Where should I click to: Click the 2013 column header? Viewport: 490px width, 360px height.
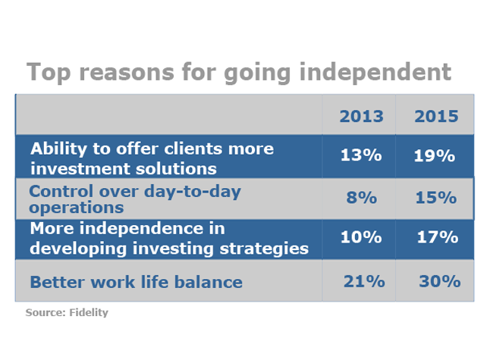click(x=361, y=117)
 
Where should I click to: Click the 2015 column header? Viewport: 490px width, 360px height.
click(x=436, y=117)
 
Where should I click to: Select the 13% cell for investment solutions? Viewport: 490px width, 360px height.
click(x=361, y=156)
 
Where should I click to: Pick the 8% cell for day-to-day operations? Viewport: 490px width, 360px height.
click(x=361, y=198)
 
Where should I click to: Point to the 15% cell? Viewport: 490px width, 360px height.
click(x=436, y=198)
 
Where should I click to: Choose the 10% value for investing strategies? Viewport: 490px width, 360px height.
click(x=361, y=237)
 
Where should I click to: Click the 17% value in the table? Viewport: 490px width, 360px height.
click(x=438, y=237)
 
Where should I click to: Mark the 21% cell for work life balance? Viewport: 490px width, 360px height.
click(x=363, y=281)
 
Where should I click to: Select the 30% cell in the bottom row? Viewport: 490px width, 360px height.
click(x=439, y=281)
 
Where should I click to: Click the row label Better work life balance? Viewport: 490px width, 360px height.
click(x=136, y=283)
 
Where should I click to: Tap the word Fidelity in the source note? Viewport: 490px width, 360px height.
click(x=90, y=312)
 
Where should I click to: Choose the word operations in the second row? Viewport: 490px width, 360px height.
click(x=76, y=206)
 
